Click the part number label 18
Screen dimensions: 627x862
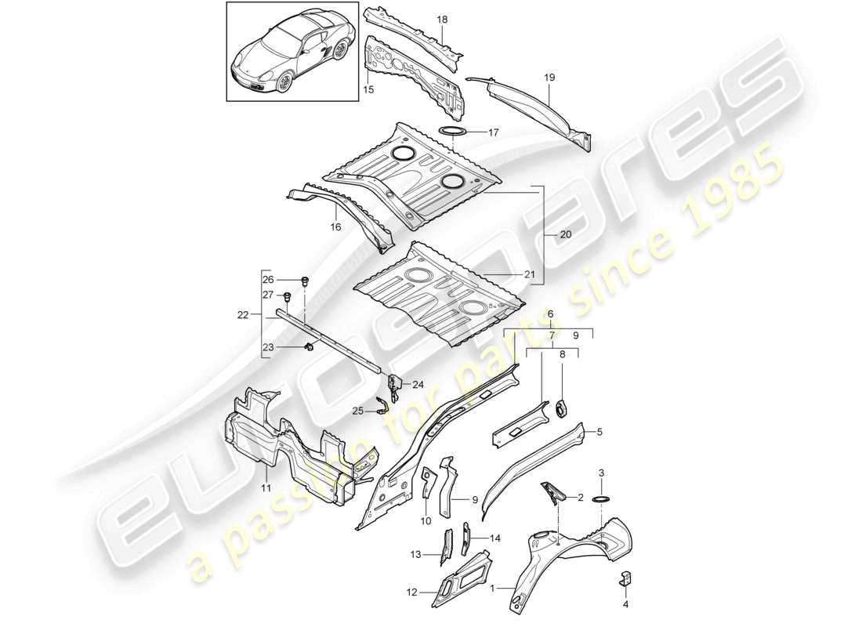[x=442, y=20]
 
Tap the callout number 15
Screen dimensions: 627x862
[x=369, y=90]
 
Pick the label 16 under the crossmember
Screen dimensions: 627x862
[x=337, y=227]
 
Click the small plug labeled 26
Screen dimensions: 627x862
[x=305, y=280]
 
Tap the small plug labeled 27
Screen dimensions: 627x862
[x=287, y=295]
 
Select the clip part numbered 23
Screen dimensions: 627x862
[x=310, y=347]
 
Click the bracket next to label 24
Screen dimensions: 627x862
[x=393, y=383]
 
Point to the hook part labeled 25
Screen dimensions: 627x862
[x=383, y=405]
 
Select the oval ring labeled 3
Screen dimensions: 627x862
[x=601, y=499]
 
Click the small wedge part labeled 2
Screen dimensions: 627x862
[x=553, y=492]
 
